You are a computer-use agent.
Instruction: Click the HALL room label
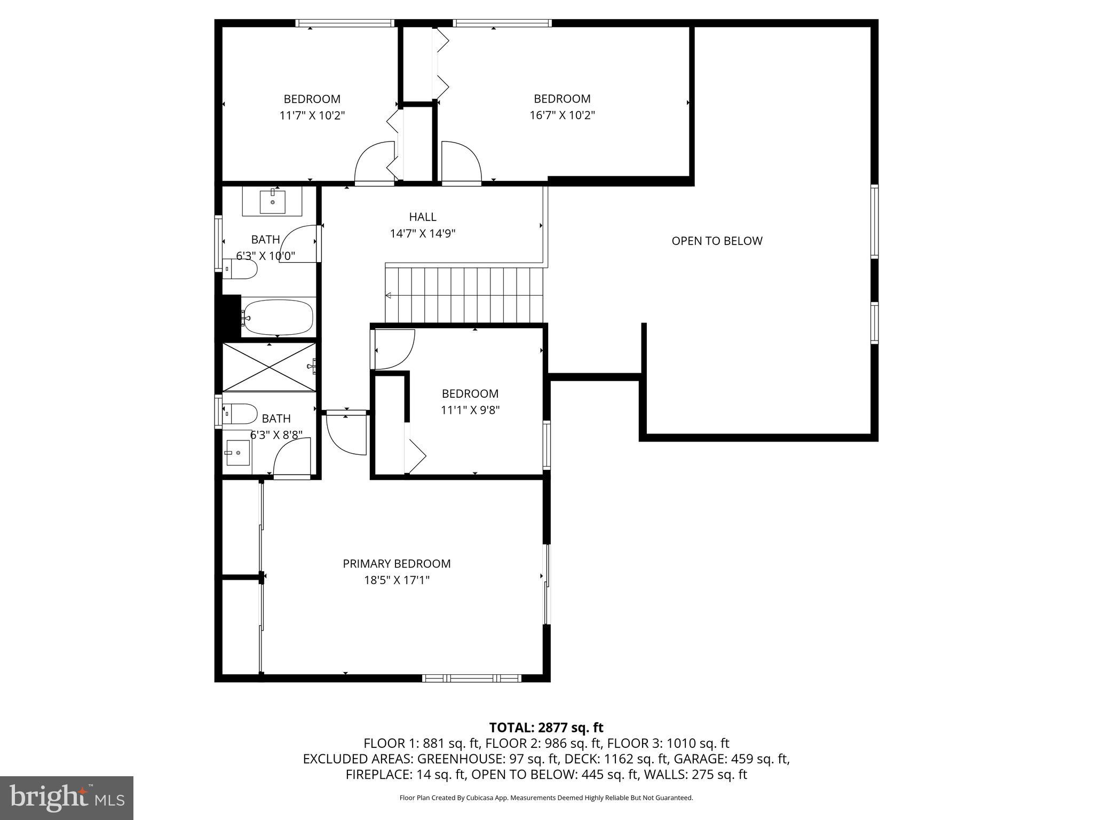click(422, 217)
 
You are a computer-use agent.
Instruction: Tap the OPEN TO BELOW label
click(717, 241)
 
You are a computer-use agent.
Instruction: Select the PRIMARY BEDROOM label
click(397, 564)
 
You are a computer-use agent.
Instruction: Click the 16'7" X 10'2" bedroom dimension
click(562, 115)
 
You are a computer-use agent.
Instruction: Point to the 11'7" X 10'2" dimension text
click(312, 115)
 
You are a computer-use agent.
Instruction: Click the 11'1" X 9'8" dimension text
click(470, 410)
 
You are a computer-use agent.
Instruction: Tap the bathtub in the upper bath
click(278, 317)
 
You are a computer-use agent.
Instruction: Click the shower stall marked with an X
click(268, 367)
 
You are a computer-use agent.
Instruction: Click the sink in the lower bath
click(237, 453)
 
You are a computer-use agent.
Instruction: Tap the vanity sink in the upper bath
click(272, 201)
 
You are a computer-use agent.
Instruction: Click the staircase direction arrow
click(389, 296)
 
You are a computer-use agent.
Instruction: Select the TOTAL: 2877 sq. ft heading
click(546, 728)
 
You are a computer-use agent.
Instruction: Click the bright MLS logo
click(67, 798)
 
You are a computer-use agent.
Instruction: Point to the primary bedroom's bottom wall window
click(472, 678)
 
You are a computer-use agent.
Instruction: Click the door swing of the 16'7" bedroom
click(461, 162)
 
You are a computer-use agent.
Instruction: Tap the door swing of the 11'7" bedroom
click(375, 162)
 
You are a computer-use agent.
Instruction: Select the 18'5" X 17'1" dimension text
click(397, 580)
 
